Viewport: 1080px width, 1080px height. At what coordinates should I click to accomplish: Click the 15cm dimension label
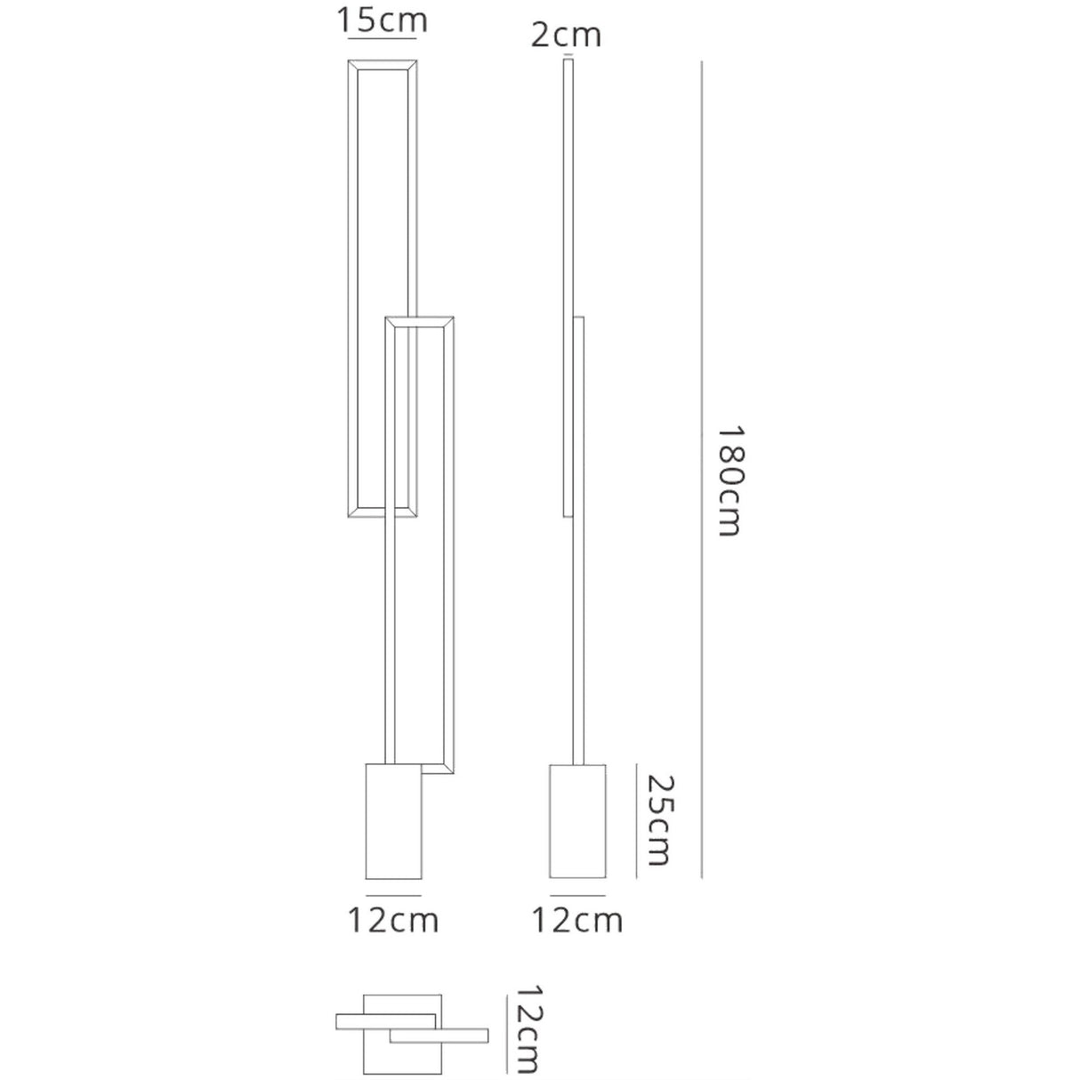382,20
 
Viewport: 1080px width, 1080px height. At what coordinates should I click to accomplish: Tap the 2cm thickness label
566,35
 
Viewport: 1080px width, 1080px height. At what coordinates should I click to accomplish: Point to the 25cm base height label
659,819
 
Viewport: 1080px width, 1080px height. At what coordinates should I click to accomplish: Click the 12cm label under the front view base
392,921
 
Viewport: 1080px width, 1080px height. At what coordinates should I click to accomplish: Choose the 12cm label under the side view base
576,921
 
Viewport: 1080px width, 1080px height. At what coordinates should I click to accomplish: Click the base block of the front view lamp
393,820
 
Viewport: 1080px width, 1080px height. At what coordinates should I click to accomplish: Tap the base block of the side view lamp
577,820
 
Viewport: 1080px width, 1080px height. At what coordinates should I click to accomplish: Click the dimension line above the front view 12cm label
393,892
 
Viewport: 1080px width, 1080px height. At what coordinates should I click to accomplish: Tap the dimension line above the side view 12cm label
577,892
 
